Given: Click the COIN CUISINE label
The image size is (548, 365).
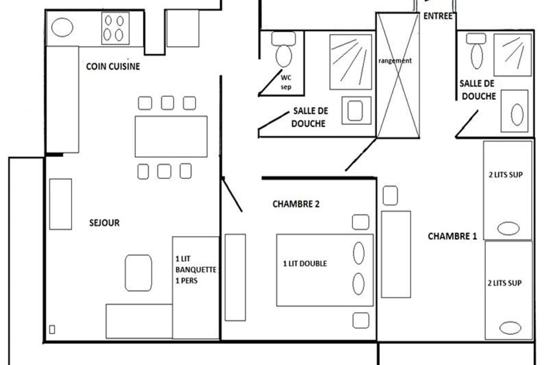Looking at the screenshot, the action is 113,66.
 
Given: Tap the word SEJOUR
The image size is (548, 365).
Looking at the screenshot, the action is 104,223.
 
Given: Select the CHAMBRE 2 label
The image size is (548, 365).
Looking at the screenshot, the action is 296,204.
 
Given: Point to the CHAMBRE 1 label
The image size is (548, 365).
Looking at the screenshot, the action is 452,236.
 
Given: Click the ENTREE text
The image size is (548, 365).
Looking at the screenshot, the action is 438,16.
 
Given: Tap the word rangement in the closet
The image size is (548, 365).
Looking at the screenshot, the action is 395,61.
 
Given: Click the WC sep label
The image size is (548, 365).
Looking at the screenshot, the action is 286,82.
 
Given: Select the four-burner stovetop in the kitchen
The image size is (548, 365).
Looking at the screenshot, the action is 115,28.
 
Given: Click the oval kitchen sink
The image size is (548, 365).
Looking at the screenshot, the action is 62,27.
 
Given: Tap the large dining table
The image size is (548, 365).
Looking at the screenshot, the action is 171,136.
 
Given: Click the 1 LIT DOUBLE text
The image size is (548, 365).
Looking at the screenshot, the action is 305,264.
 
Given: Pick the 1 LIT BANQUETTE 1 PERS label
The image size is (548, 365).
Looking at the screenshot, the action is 196,270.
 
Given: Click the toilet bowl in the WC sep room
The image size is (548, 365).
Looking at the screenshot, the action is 284,56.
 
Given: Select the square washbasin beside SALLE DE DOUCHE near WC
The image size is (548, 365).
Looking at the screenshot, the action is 356,110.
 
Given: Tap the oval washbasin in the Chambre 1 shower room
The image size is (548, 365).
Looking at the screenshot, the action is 517,115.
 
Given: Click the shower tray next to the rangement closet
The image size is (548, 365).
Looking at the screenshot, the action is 351,62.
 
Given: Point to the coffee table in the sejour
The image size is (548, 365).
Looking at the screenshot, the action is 138,273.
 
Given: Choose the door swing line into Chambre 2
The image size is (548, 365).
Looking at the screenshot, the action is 232,194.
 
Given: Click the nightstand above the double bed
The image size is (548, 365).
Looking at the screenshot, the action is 360,222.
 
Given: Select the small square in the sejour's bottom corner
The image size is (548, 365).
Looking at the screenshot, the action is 52,329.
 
